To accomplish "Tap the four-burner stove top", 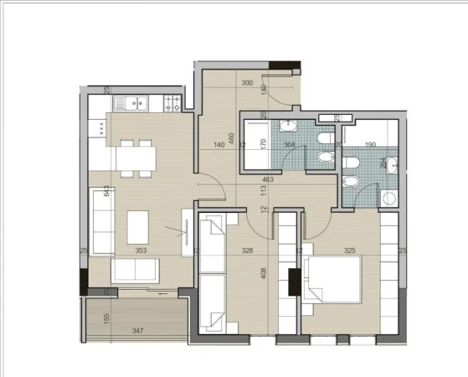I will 173,104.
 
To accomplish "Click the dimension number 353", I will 143,250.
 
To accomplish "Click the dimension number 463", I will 268,179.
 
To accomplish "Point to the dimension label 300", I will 247,83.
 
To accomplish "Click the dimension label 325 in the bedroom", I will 349,250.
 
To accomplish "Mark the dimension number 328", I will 248,250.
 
